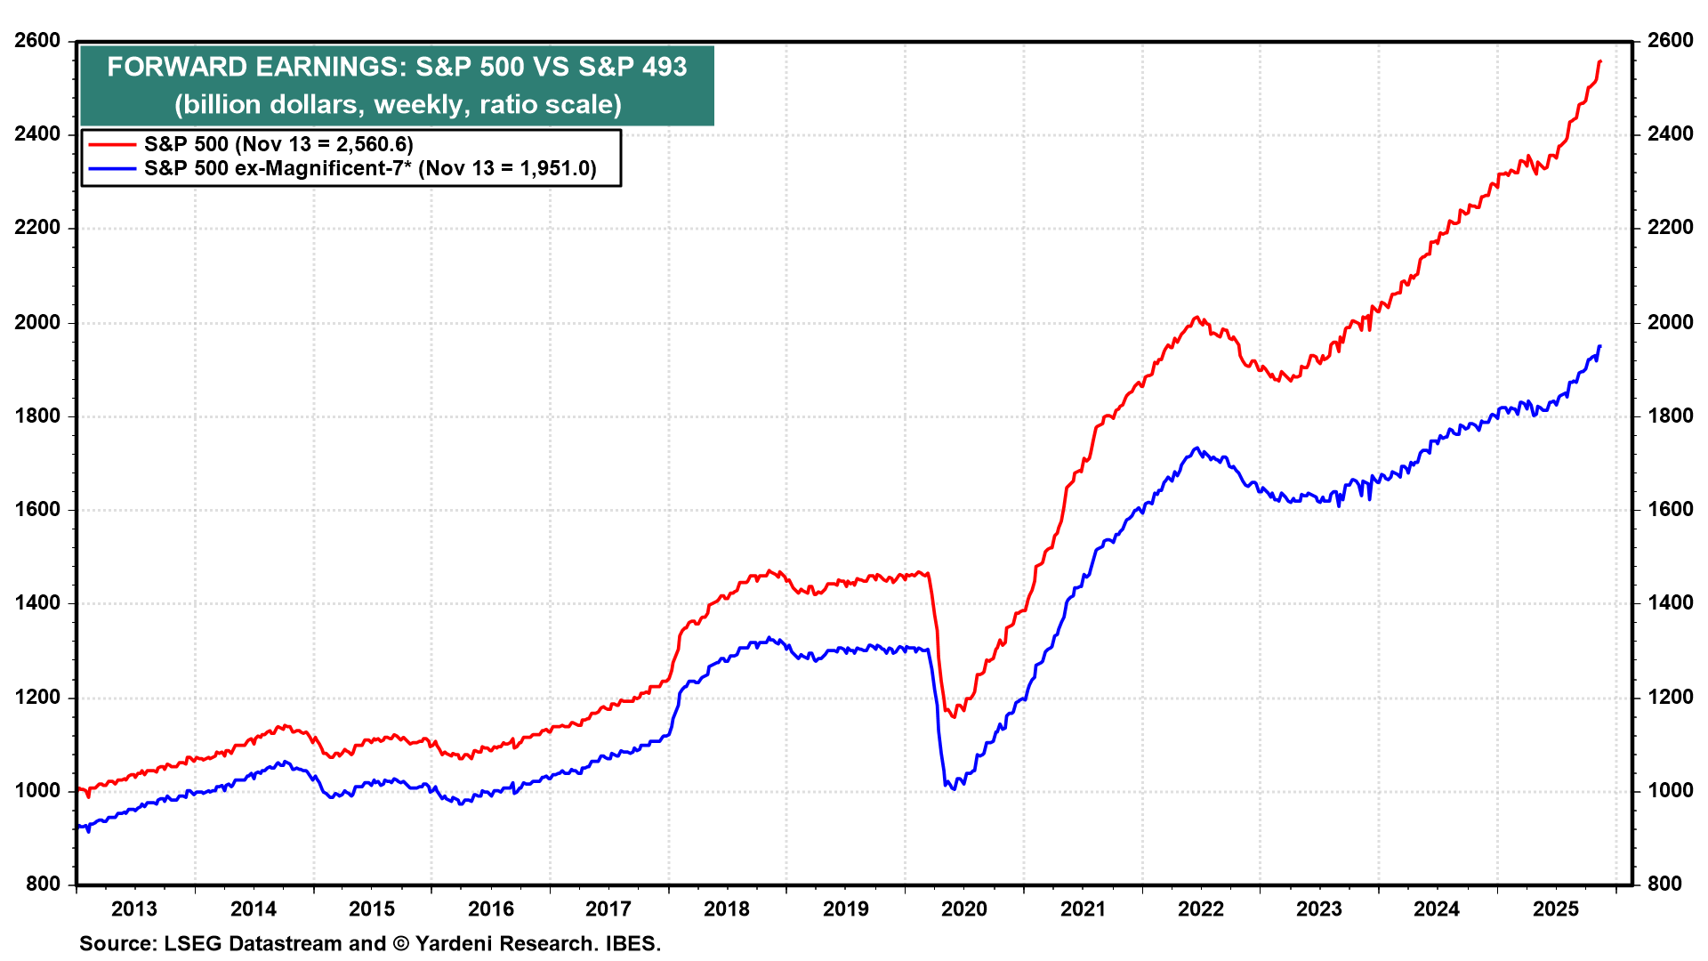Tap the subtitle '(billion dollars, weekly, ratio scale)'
398,105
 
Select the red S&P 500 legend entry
278,144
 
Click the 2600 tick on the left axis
37,41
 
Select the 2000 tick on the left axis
37,322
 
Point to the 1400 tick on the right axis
1670,603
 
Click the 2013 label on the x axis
134,909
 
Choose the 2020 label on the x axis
964,909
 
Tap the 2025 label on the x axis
1556,909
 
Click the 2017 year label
608,909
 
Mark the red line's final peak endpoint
1599,61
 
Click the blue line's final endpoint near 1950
1599,346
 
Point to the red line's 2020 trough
954,716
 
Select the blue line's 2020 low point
954,788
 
